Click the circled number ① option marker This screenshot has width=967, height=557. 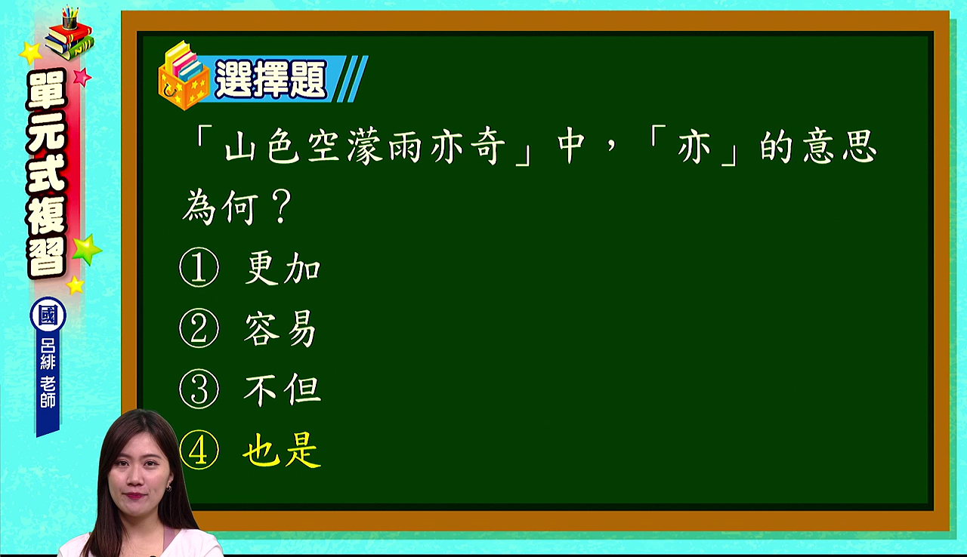199,267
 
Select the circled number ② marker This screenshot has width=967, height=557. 199,328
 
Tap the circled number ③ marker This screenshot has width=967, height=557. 199,389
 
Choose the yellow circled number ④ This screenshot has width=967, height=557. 199,450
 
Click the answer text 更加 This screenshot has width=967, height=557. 283,268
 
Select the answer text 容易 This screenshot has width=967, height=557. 280,329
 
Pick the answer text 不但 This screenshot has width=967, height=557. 283,389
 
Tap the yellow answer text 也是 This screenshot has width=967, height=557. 282,451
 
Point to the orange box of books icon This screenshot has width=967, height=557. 184,76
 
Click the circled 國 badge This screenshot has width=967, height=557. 48,315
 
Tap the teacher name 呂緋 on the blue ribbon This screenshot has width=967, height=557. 48,353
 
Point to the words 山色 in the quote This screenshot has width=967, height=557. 262,146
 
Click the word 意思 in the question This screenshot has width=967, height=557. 839,146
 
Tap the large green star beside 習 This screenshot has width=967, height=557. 87,249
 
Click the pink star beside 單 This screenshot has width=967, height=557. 82,77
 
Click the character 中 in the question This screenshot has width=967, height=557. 570,146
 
